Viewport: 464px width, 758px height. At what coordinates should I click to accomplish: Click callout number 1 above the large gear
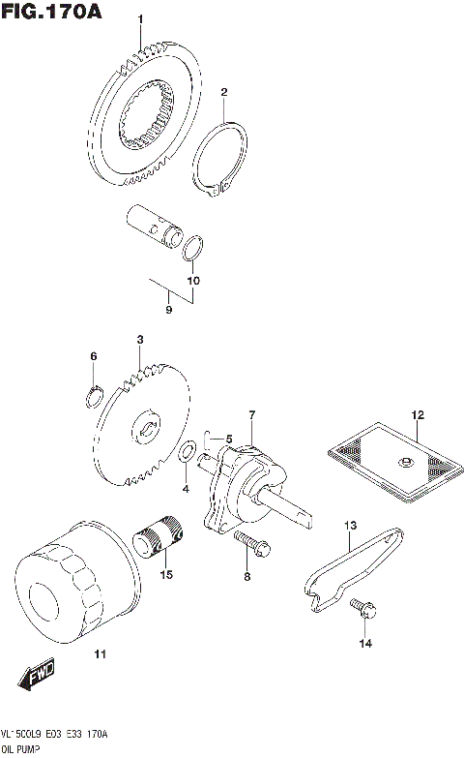click(139, 19)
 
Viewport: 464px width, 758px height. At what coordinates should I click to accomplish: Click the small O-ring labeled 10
click(193, 249)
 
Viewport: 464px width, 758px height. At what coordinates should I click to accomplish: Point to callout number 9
click(168, 310)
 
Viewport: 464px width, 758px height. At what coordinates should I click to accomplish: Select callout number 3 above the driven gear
click(139, 340)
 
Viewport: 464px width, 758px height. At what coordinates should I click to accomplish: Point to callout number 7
click(251, 416)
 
